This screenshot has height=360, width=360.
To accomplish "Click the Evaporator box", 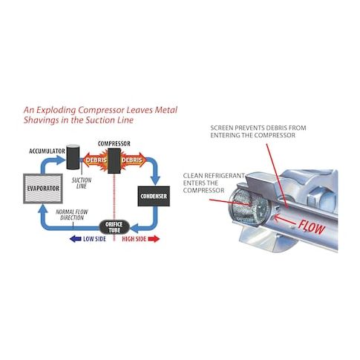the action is tap(43, 189).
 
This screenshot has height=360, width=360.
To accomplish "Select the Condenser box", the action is tap(154, 196).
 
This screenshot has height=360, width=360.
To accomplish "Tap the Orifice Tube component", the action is tap(114, 227).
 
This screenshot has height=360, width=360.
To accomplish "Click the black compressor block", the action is tap(114, 161).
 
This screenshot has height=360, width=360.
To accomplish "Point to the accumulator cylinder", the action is tap(73, 157).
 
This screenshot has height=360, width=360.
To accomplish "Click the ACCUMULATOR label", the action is tap(47, 151).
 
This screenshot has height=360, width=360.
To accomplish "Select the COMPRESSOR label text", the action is tap(114, 143).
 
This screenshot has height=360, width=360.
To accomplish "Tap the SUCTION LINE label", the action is tap(82, 183).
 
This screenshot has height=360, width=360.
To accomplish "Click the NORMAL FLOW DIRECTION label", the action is tap(72, 215).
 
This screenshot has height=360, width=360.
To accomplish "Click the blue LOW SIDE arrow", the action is tap(76, 239).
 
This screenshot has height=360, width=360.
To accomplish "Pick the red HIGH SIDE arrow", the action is tap(154, 239).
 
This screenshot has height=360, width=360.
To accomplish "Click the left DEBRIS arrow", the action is tap(95, 160).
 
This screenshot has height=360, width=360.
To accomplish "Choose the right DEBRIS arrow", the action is tap(133, 160).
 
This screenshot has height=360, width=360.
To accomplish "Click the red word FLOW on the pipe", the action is tap(312, 227).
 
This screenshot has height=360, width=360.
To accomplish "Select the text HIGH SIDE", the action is tap(134, 239).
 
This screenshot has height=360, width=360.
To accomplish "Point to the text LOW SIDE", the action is tap(94, 239).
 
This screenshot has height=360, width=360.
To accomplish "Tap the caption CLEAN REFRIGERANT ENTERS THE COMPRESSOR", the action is tap(214, 183).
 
